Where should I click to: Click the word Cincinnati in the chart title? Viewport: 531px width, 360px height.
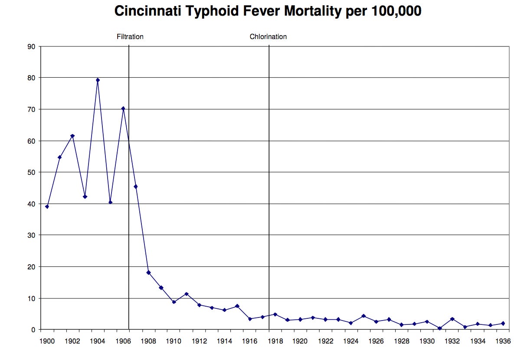coord(147,11)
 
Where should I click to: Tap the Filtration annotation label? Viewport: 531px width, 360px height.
coord(130,37)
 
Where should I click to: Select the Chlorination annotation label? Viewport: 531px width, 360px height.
coord(268,37)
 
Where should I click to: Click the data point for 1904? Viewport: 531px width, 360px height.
coord(98,80)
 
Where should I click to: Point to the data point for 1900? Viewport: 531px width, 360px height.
coord(47,206)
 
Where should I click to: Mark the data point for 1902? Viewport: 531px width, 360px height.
coord(72,136)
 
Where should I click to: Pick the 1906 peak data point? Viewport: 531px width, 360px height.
coord(123,108)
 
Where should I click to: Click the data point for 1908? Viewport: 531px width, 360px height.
coord(148,272)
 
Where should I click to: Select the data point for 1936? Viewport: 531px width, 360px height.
coord(503,323)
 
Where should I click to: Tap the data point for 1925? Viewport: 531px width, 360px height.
coord(364,316)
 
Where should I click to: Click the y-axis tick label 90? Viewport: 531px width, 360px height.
coord(32,46)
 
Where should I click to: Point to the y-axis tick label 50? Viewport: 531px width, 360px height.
coord(32,172)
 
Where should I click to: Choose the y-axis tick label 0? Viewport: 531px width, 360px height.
coord(33,330)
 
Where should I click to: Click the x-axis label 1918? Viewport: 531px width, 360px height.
coord(275,341)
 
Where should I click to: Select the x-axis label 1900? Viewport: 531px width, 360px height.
coord(47,341)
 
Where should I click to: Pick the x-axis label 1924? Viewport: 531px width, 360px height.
coord(351,341)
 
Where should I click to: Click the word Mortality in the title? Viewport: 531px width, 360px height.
coord(311,11)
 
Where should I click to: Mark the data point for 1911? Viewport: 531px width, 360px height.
coord(187,294)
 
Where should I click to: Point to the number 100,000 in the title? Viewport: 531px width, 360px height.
coord(396,11)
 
